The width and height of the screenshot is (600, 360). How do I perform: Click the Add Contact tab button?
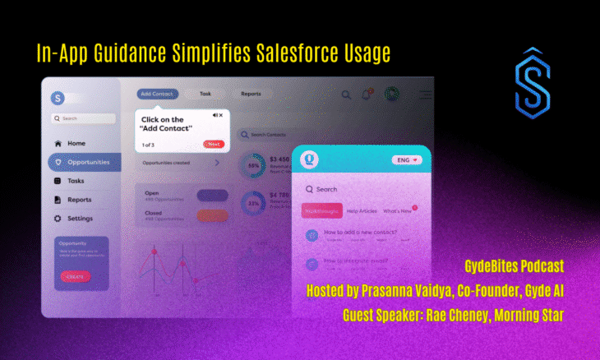(x=157, y=95)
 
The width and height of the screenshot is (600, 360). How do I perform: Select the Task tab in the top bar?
(x=205, y=95)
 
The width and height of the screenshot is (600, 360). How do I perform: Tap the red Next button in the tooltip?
(x=214, y=145)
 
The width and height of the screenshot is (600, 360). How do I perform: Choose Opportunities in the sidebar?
(x=85, y=162)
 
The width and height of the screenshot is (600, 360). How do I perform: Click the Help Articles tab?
(x=362, y=211)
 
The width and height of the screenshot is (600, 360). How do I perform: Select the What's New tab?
(x=399, y=211)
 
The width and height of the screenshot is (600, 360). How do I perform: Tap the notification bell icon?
(x=367, y=95)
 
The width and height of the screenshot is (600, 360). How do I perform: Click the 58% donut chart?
(x=253, y=165)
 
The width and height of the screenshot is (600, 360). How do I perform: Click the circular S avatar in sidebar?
(x=58, y=98)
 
